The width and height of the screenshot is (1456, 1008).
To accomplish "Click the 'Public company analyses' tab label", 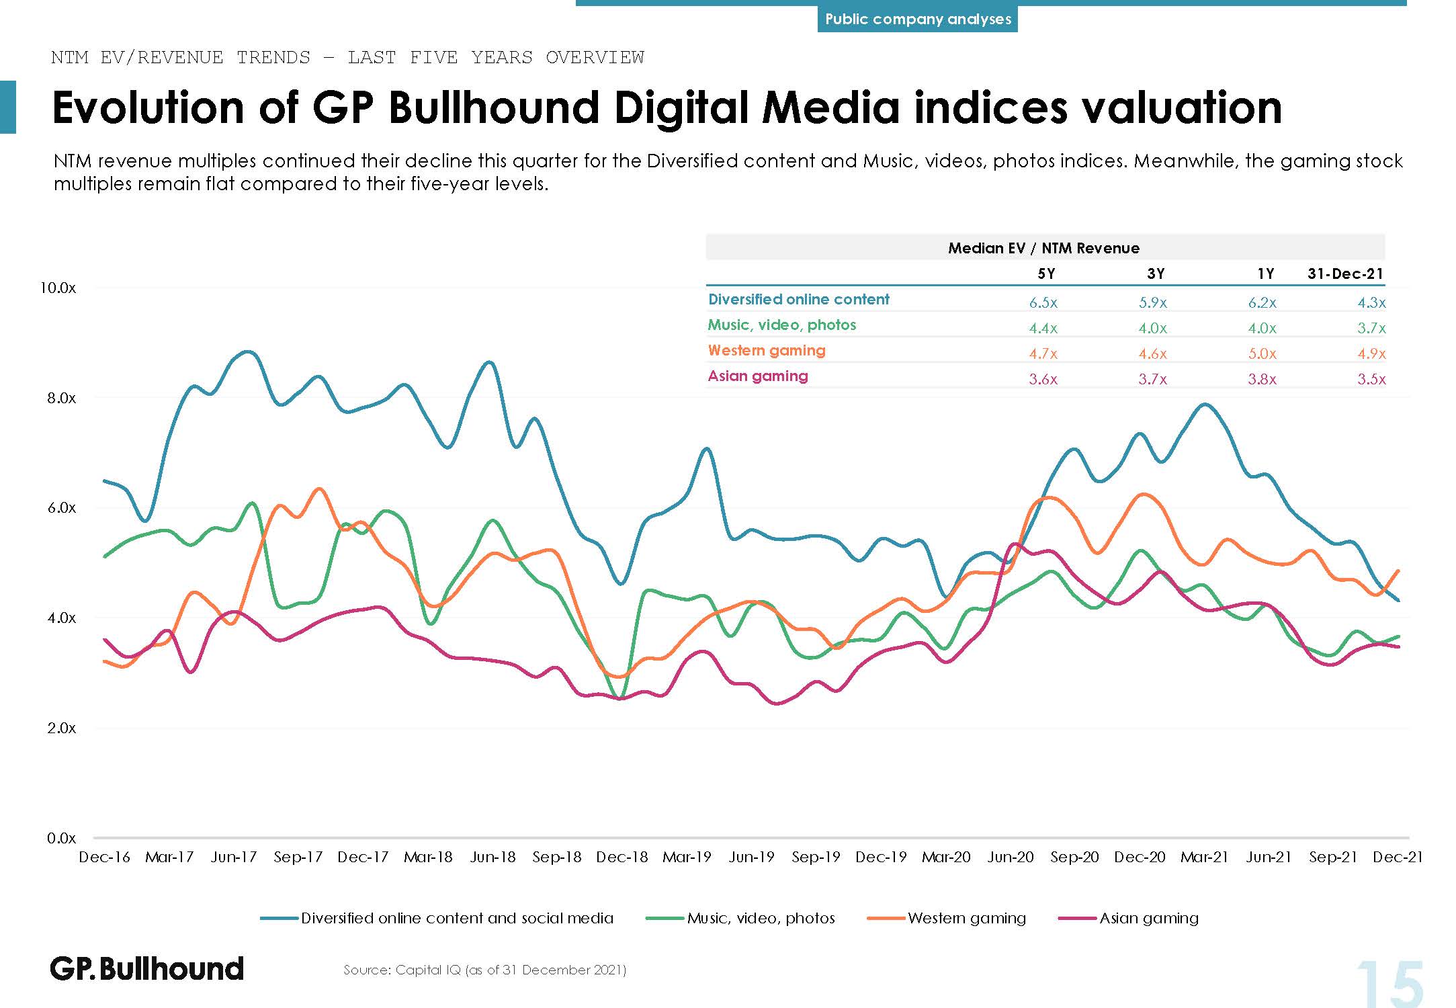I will pyautogui.click(x=917, y=19).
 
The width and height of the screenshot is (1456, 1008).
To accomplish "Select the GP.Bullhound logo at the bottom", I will pyautogui.click(x=146, y=968).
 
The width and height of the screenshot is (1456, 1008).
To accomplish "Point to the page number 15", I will pyautogui.click(x=1389, y=983).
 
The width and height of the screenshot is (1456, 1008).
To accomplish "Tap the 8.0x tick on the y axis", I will pyautogui.click(x=62, y=398).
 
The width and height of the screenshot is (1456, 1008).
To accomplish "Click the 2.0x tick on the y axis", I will pyautogui.click(x=62, y=728).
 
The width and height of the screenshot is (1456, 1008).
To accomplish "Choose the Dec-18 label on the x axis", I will pyautogui.click(x=622, y=857).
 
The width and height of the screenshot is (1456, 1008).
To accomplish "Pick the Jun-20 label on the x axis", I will pyautogui.click(x=1010, y=857).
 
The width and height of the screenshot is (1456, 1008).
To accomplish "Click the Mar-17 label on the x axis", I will pyautogui.click(x=169, y=857).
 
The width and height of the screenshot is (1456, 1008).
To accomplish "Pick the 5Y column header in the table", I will pyautogui.click(x=1046, y=274).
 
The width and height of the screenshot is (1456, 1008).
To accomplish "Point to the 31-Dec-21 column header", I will pyautogui.click(x=1345, y=274).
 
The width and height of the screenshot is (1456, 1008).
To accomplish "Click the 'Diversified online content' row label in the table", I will pyautogui.click(x=798, y=299).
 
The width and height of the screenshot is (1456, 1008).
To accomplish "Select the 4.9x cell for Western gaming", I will pyautogui.click(x=1371, y=353).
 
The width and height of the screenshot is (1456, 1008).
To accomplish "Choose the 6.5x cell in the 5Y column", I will pyautogui.click(x=1043, y=302).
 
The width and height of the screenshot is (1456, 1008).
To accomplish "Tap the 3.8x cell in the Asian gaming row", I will pyautogui.click(x=1262, y=379).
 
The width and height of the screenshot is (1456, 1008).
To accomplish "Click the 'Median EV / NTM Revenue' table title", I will pyautogui.click(x=1043, y=248).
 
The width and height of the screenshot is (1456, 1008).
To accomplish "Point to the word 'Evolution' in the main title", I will pyautogui.click(x=148, y=108).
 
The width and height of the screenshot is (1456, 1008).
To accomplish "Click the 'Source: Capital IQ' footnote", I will pyautogui.click(x=484, y=970).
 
